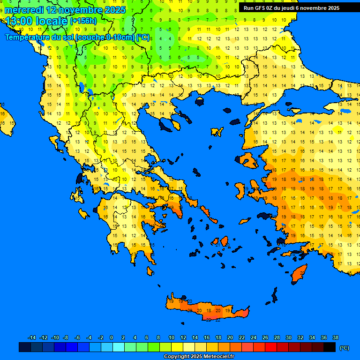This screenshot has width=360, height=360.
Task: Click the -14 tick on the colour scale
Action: pos(32,337)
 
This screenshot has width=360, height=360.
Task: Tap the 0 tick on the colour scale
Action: pos(112,337)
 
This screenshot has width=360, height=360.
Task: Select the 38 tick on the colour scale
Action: pos(335,337)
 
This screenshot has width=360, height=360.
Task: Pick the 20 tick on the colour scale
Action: pos(230,337)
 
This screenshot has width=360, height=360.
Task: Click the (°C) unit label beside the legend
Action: pos(345,348)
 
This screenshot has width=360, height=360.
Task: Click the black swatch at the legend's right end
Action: pos(330,347)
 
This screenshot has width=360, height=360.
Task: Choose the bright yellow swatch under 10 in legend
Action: pos(177,347)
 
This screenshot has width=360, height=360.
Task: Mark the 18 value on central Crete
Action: pos(209,310)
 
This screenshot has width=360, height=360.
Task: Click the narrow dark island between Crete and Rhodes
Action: pos(274,295)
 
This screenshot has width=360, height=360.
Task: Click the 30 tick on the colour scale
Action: pos(288,337)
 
